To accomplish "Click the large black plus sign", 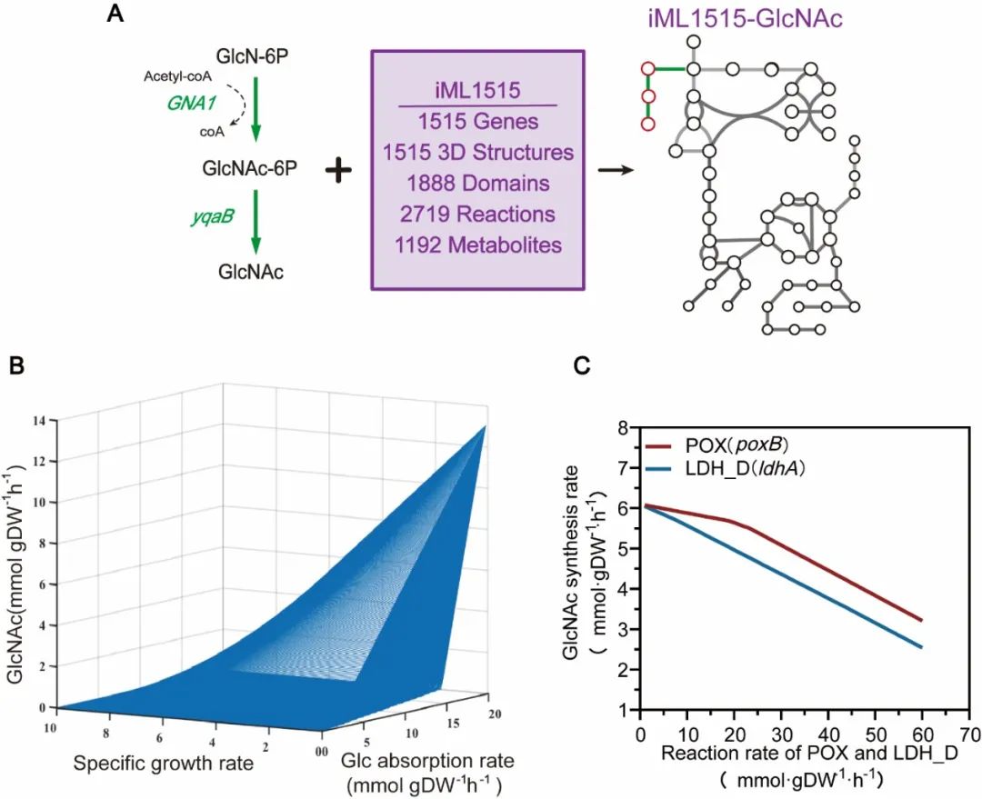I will point(342,170).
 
